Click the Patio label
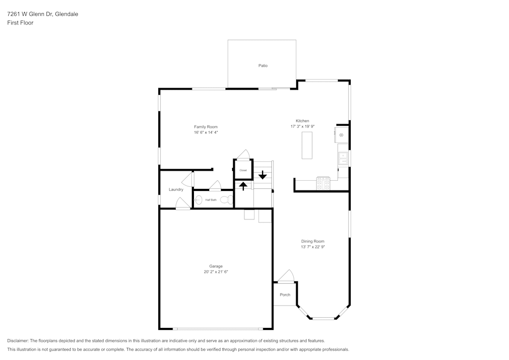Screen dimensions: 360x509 click(263, 66)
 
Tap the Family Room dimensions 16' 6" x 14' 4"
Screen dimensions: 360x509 click(206, 132)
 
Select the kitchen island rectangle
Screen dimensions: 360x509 click(307, 145)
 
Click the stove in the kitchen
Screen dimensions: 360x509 click(323, 183)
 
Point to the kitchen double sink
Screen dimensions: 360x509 click(343, 158)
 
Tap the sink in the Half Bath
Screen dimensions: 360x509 click(199, 200)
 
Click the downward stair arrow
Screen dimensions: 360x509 click(263, 175)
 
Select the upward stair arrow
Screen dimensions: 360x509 click(243, 186)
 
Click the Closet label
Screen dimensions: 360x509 click(243, 170)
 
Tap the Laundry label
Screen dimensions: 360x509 click(176, 189)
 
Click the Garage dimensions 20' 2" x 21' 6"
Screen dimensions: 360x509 click(216, 272)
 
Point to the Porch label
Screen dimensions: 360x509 click(285, 295)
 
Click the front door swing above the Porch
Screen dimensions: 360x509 click(286, 276)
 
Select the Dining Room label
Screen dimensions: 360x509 click(313, 241)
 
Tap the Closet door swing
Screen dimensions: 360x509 click(243, 154)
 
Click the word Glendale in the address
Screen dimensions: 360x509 click(66, 14)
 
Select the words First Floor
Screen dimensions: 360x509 click(20, 23)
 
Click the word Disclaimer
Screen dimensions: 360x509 click(18, 341)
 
